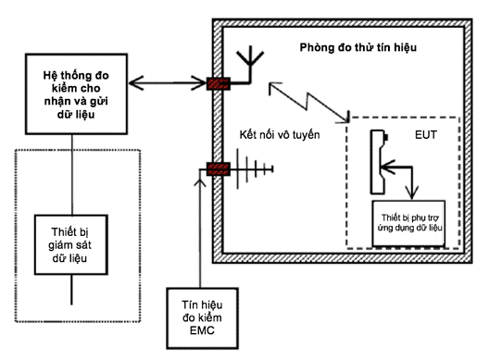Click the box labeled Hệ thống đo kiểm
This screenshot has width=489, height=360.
click(x=76, y=94)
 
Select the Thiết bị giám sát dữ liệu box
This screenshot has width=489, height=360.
click(x=71, y=244)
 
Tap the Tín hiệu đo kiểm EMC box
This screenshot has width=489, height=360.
click(x=203, y=318)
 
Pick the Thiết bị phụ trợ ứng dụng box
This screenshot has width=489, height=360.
click(x=408, y=223)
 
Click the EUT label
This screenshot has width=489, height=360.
click(x=426, y=134)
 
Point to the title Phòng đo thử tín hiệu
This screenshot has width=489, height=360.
click(x=358, y=47)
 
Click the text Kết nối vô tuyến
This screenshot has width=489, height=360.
click(x=280, y=134)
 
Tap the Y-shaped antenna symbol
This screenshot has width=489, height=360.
click(x=250, y=65)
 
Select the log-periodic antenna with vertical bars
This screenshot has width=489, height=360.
click(x=255, y=169)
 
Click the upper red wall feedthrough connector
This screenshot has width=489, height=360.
click(x=219, y=83)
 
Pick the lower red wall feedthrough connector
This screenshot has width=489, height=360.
click(x=219, y=169)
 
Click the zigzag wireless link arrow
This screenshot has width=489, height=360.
click(x=308, y=102)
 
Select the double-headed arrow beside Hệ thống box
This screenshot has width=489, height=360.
click(x=167, y=83)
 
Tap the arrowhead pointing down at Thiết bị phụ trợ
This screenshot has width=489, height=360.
click(x=412, y=192)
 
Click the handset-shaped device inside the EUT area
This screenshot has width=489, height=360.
click(x=379, y=162)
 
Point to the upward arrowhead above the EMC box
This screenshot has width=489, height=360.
click(x=200, y=182)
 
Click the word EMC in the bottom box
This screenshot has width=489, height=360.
click(x=202, y=330)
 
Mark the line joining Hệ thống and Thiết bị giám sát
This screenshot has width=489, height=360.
click(x=72, y=175)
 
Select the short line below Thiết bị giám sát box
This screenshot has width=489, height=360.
click(x=71, y=290)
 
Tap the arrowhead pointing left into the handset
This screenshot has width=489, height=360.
click(x=388, y=168)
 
